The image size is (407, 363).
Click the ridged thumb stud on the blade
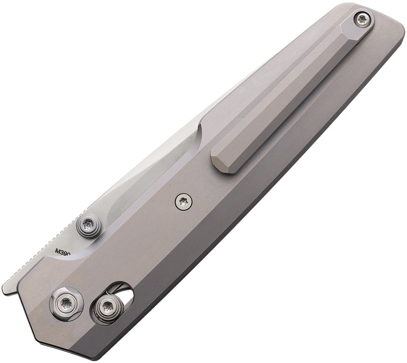(x=89, y=225)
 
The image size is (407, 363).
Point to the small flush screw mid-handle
(x=183, y=202)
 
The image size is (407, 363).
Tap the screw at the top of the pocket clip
(x=362, y=19)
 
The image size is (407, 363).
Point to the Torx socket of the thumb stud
(x=89, y=224)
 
